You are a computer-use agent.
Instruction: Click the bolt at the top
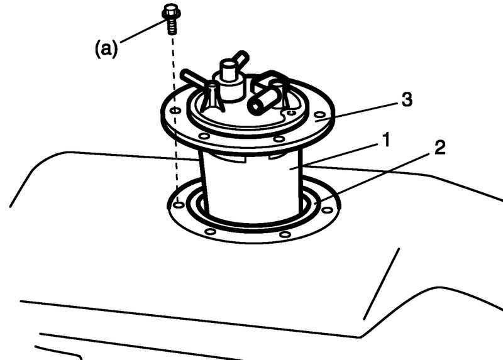click(x=171, y=19)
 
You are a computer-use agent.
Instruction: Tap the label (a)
click(x=106, y=49)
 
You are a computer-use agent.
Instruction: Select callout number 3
click(x=407, y=99)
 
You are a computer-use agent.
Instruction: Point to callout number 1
click(x=387, y=140)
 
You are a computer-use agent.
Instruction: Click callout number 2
click(x=439, y=148)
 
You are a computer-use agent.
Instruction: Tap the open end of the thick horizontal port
click(x=255, y=106)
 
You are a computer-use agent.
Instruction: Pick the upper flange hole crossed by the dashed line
click(x=175, y=111)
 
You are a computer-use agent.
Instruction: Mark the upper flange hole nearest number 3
click(x=319, y=115)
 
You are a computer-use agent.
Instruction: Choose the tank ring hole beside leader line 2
click(x=326, y=210)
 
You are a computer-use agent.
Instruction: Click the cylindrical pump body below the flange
click(x=253, y=186)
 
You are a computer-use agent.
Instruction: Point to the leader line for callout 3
click(x=357, y=112)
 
